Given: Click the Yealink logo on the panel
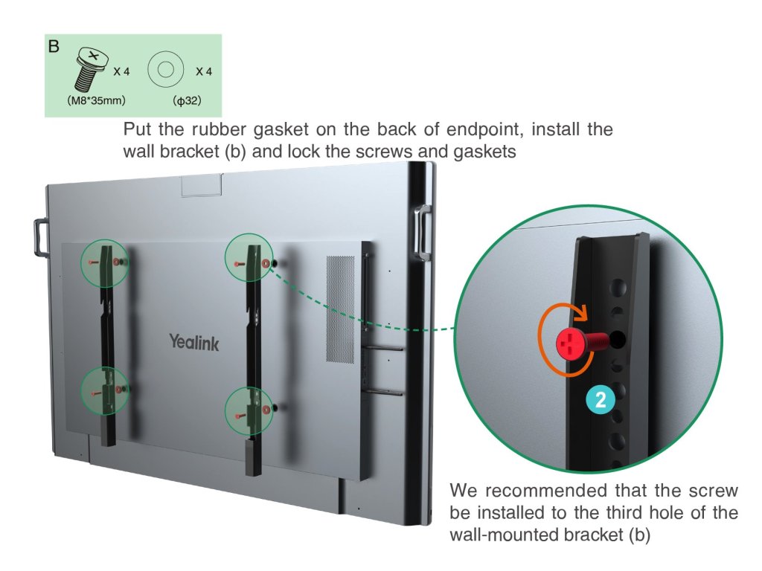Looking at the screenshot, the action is pyautogui.click(x=193, y=342).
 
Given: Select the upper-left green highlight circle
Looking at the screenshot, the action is pyautogui.click(x=105, y=262).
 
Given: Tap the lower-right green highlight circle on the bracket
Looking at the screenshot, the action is pyautogui.click(x=250, y=409).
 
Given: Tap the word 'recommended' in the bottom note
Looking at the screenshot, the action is pyautogui.click(x=538, y=491).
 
